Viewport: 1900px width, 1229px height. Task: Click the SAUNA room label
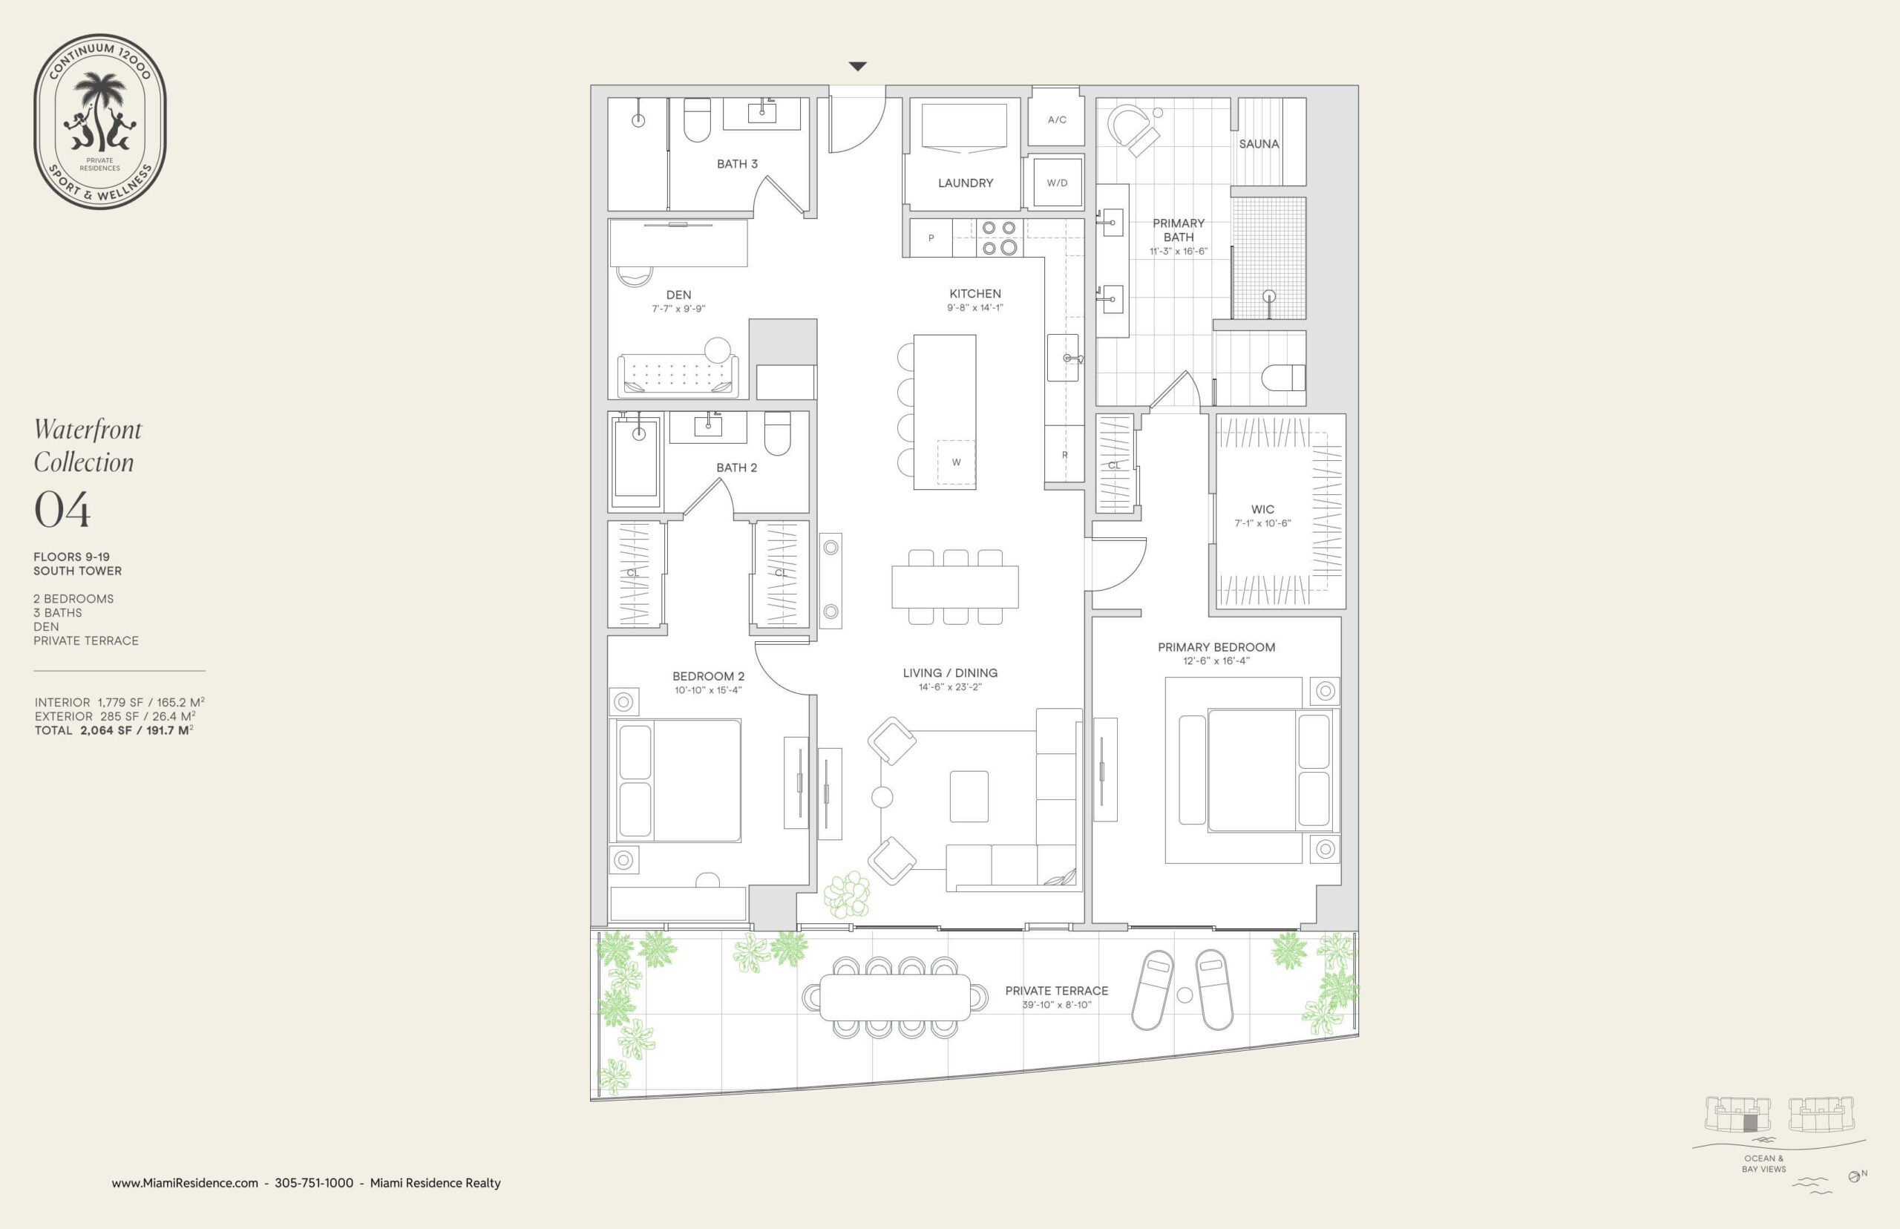click(x=1259, y=145)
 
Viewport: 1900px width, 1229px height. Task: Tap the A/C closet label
click(x=1057, y=119)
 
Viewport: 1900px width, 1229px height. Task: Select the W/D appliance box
click(x=1057, y=183)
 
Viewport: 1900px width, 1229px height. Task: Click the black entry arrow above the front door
click(x=857, y=66)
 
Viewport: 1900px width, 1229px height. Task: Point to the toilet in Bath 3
click(x=697, y=119)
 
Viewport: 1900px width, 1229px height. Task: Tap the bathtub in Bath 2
click(x=636, y=462)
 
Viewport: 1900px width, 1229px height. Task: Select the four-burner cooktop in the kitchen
click(x=999, y=237)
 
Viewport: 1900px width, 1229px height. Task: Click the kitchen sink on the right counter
click(x=1064, y=358)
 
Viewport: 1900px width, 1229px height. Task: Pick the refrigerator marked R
click(x=1064, y=454)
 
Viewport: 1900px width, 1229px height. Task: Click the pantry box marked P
click(x=931, y=237)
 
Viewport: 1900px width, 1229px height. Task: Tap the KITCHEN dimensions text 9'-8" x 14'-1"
click(x=974, y=308)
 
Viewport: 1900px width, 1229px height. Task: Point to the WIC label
click(x=1262, y=509)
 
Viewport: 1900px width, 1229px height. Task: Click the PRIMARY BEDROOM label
click(x=1216, y=647)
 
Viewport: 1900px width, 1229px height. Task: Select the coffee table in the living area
click(x=969, y=796)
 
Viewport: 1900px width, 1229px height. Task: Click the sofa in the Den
click(x=678, y=373)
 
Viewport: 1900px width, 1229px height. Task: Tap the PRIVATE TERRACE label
click(x=1057, y=990)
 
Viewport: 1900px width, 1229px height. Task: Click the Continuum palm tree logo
click(x=99, y=121)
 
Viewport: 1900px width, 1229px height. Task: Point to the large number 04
click(x=62, y=509)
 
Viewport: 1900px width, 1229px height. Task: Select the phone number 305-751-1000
click(x=314, y=1183)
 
